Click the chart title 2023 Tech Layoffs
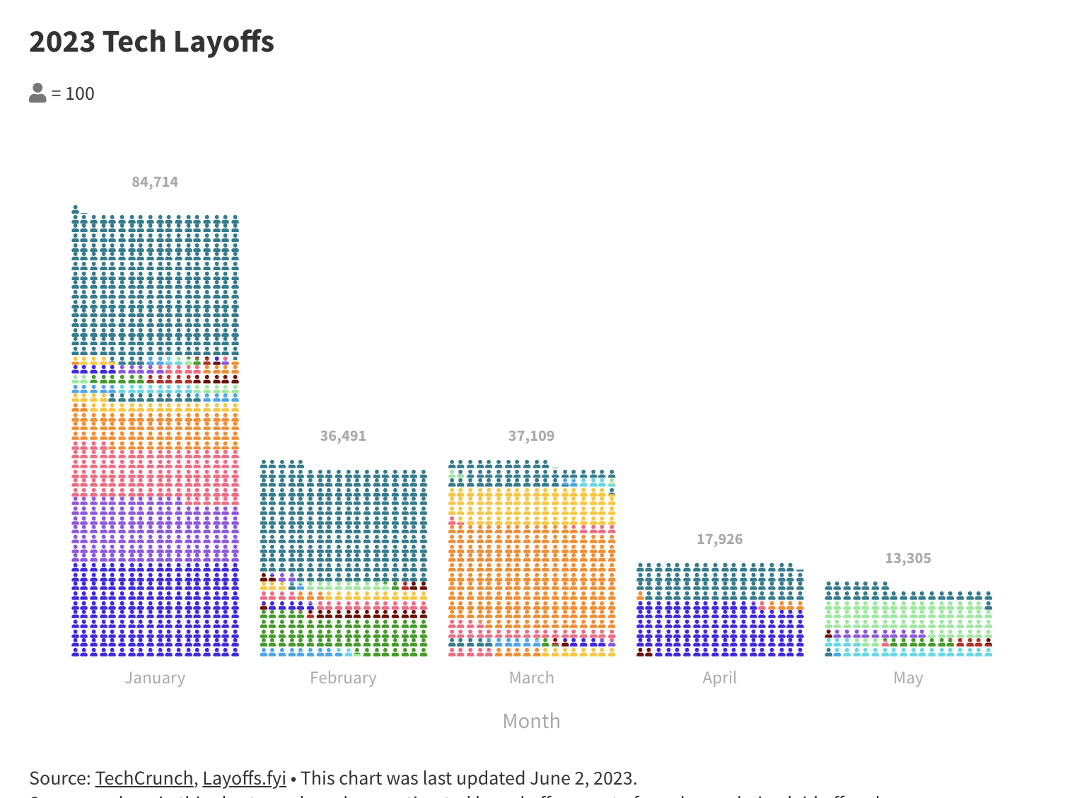[x=151, y=42]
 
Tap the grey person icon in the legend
[x=37, y=93]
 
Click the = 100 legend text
[x=73, y=93]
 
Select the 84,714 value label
[x=155, y=182]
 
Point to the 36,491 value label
[x=343, y=436]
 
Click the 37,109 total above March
[x=531, y=436]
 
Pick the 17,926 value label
[x=719, y=539]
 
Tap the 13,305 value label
[x=908, y=558]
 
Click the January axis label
[x=155, y=678]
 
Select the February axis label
[x=343, y=678]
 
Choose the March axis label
[x=531, y=678]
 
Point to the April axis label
[x=719, y=678]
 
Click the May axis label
[x=908, y=678]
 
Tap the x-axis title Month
[x=531, y=721]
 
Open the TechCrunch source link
[x=144, y=778]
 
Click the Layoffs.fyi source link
[x=244, y=778]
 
